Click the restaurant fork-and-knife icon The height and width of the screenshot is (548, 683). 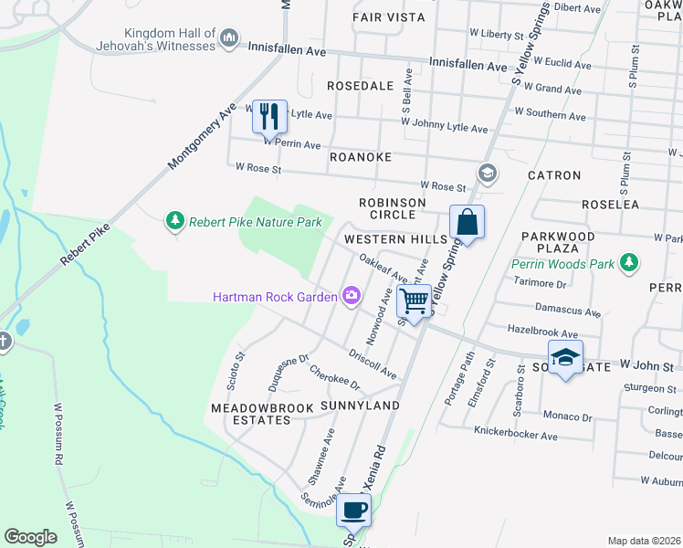268,116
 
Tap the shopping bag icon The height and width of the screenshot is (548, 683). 467,222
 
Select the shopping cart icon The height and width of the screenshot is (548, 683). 415,300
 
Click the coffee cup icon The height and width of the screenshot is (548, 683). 354,510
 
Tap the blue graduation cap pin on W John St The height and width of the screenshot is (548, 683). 564,357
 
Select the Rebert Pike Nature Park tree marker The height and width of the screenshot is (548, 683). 174,221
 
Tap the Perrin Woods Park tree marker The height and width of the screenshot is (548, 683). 628,264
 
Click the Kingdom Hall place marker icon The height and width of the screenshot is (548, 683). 229,39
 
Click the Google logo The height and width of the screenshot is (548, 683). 30,536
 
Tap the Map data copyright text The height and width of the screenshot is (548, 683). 643,541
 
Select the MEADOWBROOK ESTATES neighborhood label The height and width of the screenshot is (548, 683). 250,413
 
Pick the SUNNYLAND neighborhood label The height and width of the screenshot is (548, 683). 360,405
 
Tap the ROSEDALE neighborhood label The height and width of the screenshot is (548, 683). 360,86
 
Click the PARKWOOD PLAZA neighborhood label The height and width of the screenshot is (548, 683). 558,242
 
